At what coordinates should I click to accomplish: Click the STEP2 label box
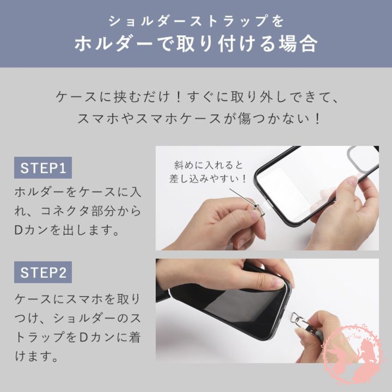(x=43, y=272)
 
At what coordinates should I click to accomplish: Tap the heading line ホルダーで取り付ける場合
(x=196, y=44)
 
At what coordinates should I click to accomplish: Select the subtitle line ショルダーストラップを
(x=196, y=21)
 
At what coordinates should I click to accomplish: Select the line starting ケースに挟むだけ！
(x=196, y=96)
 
